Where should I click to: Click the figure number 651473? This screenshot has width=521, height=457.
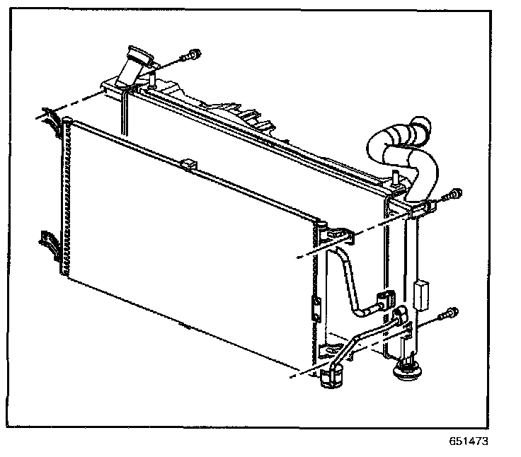click(x=469, y=442)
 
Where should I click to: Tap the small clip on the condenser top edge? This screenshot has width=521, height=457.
click(x=187, y=164)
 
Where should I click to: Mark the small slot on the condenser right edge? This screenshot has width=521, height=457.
click(x=316, y=307)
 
